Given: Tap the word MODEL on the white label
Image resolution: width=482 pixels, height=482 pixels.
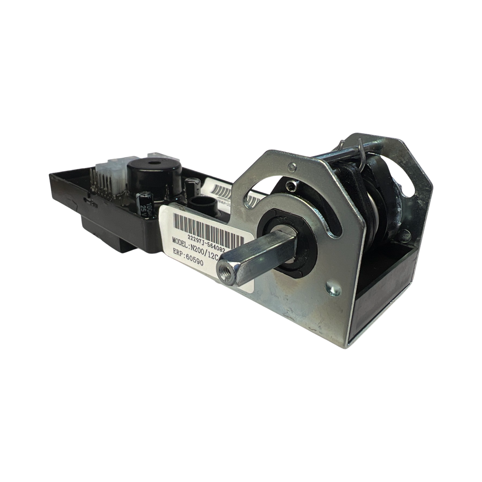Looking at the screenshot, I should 182,241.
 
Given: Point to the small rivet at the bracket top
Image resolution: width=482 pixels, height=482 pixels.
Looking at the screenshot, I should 292,167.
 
